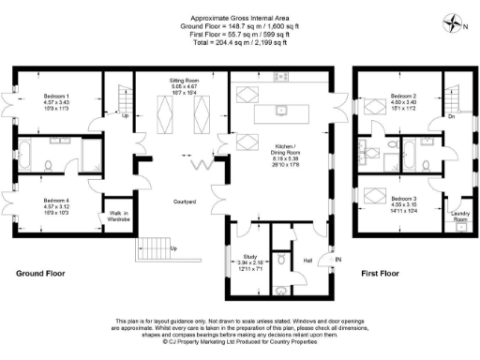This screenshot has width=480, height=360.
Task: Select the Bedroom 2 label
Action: (x=404, y=96)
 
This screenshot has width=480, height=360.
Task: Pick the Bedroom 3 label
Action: (x=404, y=199)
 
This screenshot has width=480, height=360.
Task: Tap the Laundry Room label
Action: (x=459, y=217)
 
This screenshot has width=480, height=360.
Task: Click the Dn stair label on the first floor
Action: (x=452, y=117)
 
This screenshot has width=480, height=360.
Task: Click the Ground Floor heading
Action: (x=39, y=274)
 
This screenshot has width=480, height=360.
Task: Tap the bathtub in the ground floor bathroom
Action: (x=31, y=157)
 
